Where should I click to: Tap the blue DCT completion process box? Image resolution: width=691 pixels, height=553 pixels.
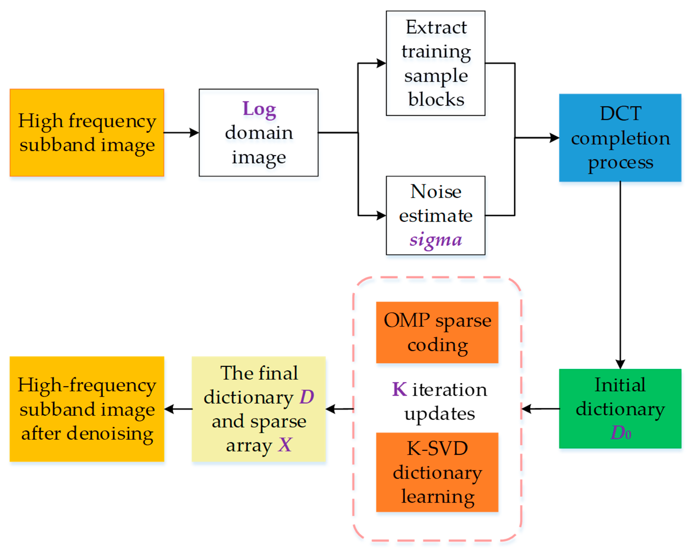point(620,138)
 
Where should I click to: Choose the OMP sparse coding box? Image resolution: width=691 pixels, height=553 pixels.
point(437,332)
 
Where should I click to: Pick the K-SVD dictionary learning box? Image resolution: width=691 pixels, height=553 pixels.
point(437,472)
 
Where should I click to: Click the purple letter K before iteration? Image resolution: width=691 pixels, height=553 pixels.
point(399,389)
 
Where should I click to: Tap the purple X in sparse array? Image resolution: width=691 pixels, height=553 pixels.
point(285,445)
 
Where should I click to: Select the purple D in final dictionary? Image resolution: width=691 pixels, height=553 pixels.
point(306,397)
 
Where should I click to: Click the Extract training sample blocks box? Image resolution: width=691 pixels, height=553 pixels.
point(435,63)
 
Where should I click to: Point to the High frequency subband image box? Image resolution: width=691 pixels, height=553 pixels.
point(87,133)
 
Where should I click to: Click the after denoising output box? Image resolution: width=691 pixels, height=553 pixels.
point(87,409)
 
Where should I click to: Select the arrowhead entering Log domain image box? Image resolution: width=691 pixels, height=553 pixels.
point(194,133)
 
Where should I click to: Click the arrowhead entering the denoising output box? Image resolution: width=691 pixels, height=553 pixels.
point(169,409)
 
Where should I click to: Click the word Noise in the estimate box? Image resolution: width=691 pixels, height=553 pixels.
point(436,192)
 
